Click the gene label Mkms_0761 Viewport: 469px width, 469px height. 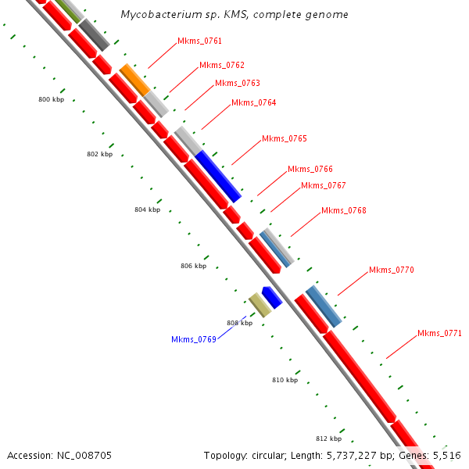coord(199,41)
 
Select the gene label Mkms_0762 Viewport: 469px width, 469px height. coord(221,66)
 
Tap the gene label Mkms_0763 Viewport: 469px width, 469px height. coord(237,84)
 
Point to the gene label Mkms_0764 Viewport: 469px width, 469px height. coord(253,103)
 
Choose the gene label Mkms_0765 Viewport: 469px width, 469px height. coord(284,139)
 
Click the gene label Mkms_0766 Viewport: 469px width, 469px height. coord(310,170)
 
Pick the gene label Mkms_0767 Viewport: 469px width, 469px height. coord(323,186)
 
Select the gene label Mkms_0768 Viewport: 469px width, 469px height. coord(343,211)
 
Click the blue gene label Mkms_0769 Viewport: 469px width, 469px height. coord(193,339)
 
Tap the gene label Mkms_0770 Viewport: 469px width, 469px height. coord(391,270)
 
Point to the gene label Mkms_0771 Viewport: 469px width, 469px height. coord(439,333)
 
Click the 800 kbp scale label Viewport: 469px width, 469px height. coord(52,100)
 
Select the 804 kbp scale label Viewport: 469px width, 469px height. coord(147,209)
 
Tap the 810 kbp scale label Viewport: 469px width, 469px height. coord(285,380)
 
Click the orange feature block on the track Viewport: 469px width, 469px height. coord(134,80)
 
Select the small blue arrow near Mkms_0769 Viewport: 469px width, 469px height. coord(271,297)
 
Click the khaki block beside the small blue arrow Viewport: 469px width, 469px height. coord(260,305)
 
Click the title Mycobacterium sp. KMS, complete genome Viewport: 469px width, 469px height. coord(234,15)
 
